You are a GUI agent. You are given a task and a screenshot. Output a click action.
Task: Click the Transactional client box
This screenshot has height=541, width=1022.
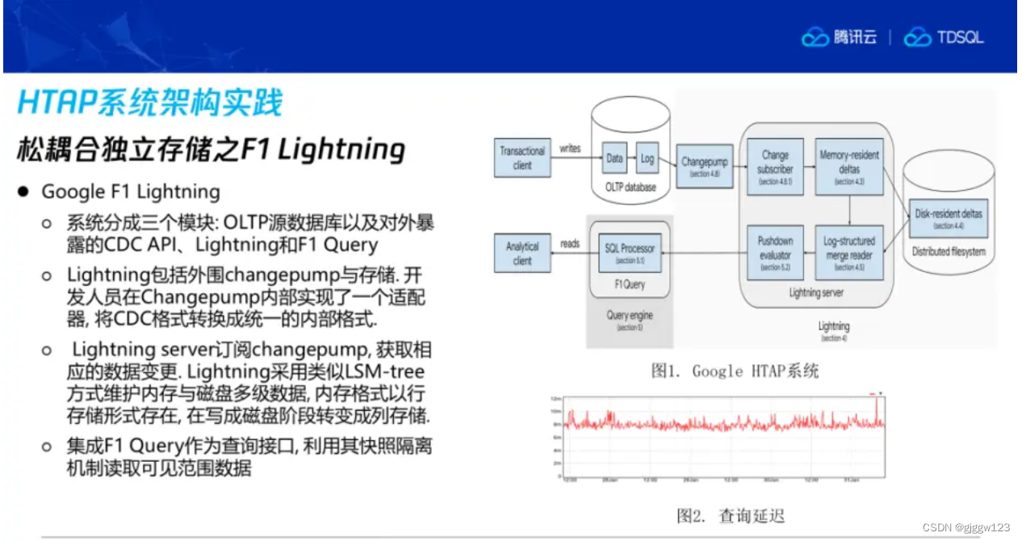522,158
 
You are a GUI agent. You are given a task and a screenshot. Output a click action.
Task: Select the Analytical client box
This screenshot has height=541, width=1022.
522,253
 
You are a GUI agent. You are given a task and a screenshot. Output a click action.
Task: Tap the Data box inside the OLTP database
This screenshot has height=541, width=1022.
615,159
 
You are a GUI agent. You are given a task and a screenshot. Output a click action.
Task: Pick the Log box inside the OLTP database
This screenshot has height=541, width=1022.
647,159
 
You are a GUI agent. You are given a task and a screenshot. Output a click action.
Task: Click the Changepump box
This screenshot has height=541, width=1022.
704,166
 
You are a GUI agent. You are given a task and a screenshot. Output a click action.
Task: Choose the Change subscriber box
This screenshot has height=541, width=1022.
775,167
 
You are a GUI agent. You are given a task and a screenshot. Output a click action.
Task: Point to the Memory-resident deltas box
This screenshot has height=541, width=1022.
848,167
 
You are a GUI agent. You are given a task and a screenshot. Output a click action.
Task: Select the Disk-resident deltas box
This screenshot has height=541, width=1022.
949,218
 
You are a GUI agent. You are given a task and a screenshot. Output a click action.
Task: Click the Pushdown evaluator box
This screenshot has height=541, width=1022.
775,252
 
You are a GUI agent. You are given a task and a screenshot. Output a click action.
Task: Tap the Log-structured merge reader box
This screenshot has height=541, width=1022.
848,252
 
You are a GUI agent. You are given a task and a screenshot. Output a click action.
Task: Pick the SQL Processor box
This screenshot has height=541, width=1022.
630,252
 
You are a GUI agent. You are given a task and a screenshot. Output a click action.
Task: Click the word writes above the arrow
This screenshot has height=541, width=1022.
570,149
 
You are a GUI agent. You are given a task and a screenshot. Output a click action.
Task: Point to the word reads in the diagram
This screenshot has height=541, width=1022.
570,243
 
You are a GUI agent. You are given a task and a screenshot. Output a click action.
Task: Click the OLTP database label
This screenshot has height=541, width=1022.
630,187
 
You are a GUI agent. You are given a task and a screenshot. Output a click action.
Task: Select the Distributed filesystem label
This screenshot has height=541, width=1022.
949,252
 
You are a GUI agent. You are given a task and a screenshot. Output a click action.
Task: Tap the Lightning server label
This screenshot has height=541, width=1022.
815,293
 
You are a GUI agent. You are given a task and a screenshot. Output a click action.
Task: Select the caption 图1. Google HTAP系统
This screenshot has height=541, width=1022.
735,371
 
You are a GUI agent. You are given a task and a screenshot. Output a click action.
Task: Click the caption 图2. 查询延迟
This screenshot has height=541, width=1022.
731,515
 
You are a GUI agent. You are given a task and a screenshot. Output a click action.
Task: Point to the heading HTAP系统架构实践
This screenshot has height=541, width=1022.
150,104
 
